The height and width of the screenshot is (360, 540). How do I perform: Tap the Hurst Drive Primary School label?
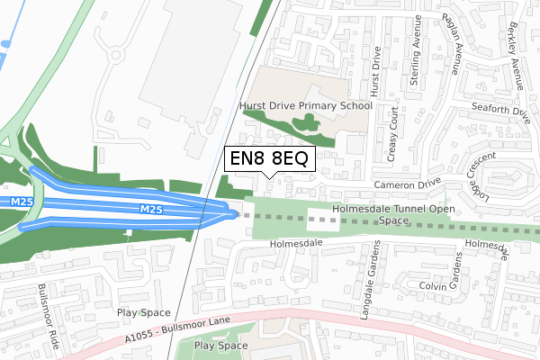[x=306, y=105]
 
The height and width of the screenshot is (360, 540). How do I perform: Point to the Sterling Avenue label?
[x=416, y=61]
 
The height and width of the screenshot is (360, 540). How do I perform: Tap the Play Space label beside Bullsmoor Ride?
[x=143, y=312]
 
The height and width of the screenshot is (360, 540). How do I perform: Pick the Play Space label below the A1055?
[x=220, y=346]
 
